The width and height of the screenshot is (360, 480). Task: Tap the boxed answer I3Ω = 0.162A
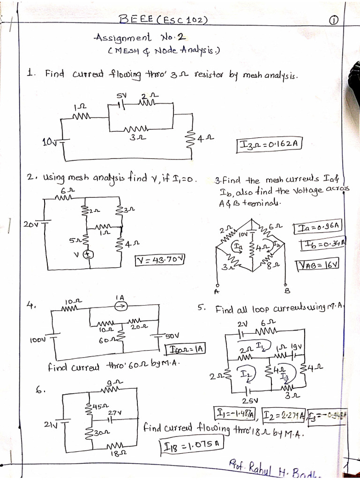pyautogui.click(x=268, y=144)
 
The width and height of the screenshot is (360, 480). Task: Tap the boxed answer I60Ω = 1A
pyautogui.click(x=186, y=349)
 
